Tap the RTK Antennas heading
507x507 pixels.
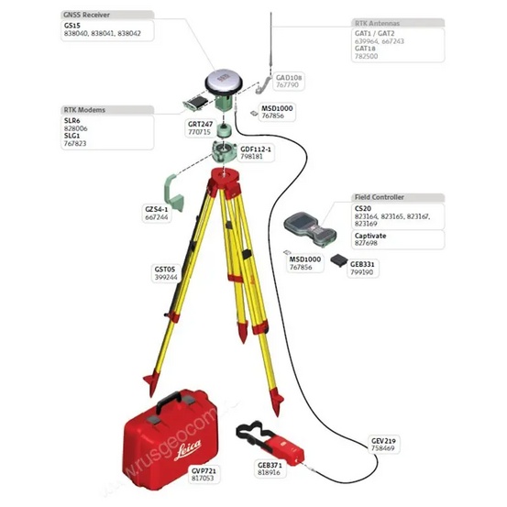377,21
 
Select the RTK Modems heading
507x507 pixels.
84,109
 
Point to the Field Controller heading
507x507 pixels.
380,197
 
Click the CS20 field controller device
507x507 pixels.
307,224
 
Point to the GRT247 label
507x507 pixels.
200,123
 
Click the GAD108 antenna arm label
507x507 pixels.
289,78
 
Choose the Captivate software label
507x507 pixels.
370,235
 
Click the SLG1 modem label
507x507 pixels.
72,136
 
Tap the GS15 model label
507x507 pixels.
72,26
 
